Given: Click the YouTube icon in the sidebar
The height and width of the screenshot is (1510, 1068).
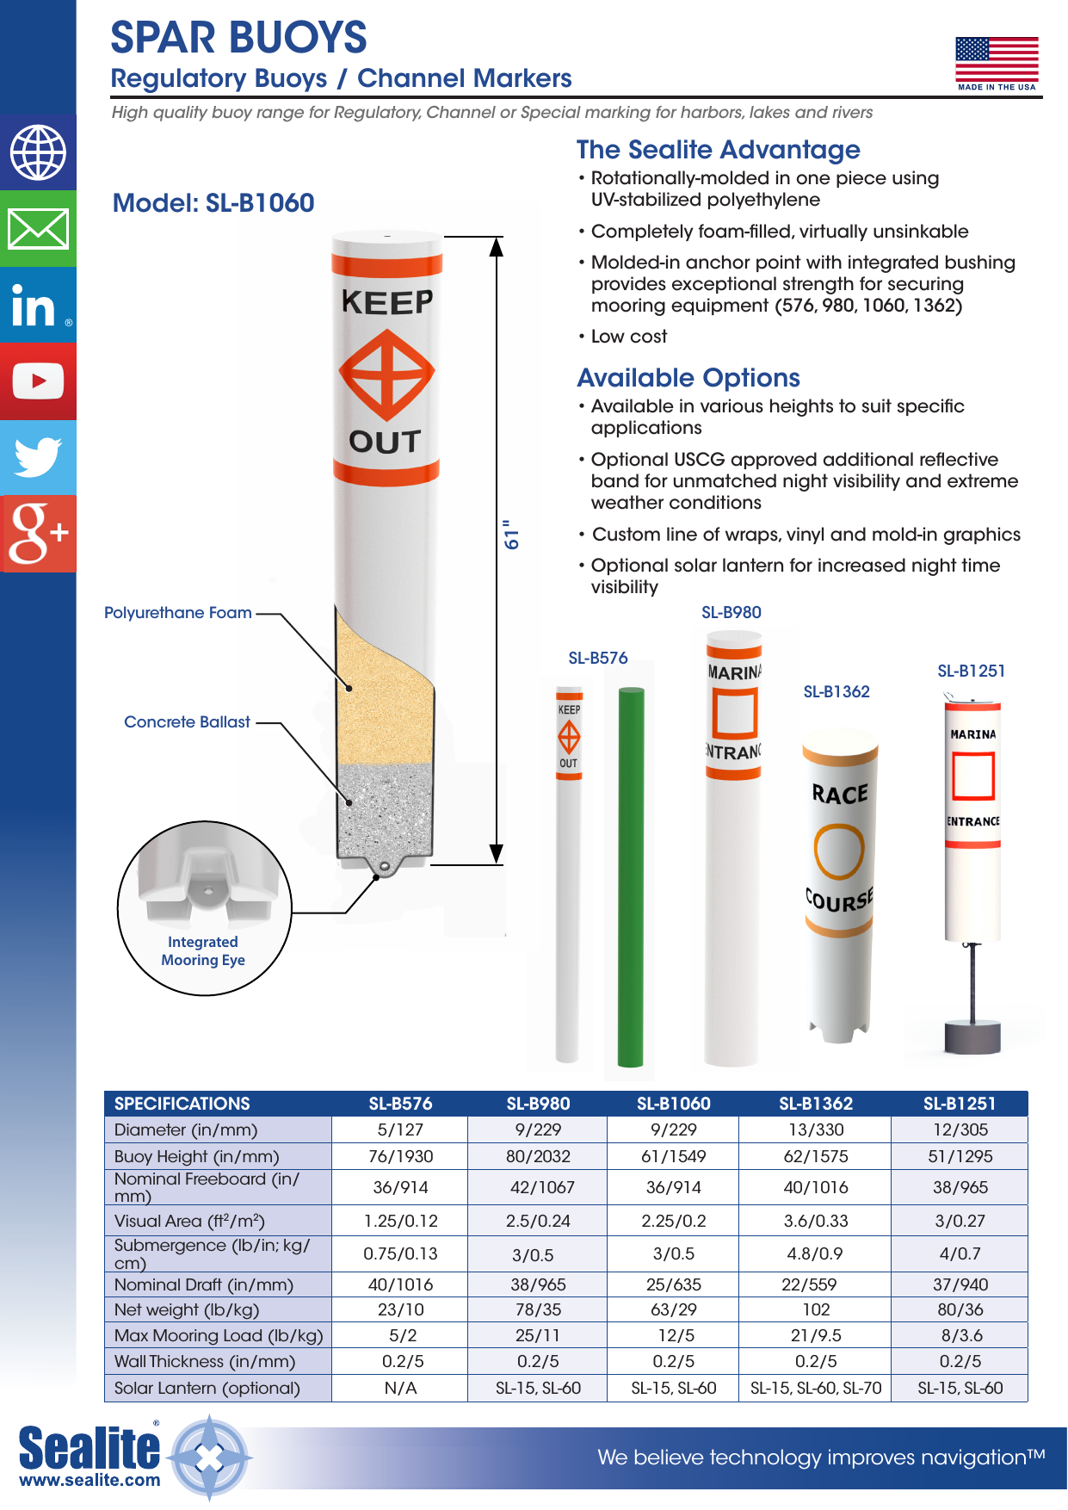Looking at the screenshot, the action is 38,381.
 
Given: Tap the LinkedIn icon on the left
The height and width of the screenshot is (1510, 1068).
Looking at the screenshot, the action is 38,306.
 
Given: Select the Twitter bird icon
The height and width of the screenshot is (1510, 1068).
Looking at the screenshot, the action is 38,457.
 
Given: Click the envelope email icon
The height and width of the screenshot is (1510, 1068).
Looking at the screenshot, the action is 38,229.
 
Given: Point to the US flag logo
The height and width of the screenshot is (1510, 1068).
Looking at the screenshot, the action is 997,62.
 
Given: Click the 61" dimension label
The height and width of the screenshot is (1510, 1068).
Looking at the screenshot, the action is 512,535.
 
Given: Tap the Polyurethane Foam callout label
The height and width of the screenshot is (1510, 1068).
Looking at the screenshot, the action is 178,613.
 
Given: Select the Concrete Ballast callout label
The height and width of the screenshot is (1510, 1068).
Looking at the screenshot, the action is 187,722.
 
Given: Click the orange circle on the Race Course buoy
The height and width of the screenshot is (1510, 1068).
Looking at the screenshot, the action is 838,851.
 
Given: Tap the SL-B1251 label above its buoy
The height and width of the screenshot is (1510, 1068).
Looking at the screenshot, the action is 971,671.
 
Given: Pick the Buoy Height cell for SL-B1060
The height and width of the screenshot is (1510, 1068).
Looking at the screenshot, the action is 673,1156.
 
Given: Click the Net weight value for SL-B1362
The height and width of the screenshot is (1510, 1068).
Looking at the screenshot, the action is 816,1309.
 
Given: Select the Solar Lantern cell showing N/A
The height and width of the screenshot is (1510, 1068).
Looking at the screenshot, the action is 400,1388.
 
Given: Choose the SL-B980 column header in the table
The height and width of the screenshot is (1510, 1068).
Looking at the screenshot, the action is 538,1104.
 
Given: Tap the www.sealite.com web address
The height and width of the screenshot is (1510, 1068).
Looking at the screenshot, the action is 90,1480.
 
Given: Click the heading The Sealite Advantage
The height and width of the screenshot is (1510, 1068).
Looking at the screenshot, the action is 718,150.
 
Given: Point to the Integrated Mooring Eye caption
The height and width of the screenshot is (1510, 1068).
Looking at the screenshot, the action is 203,951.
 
